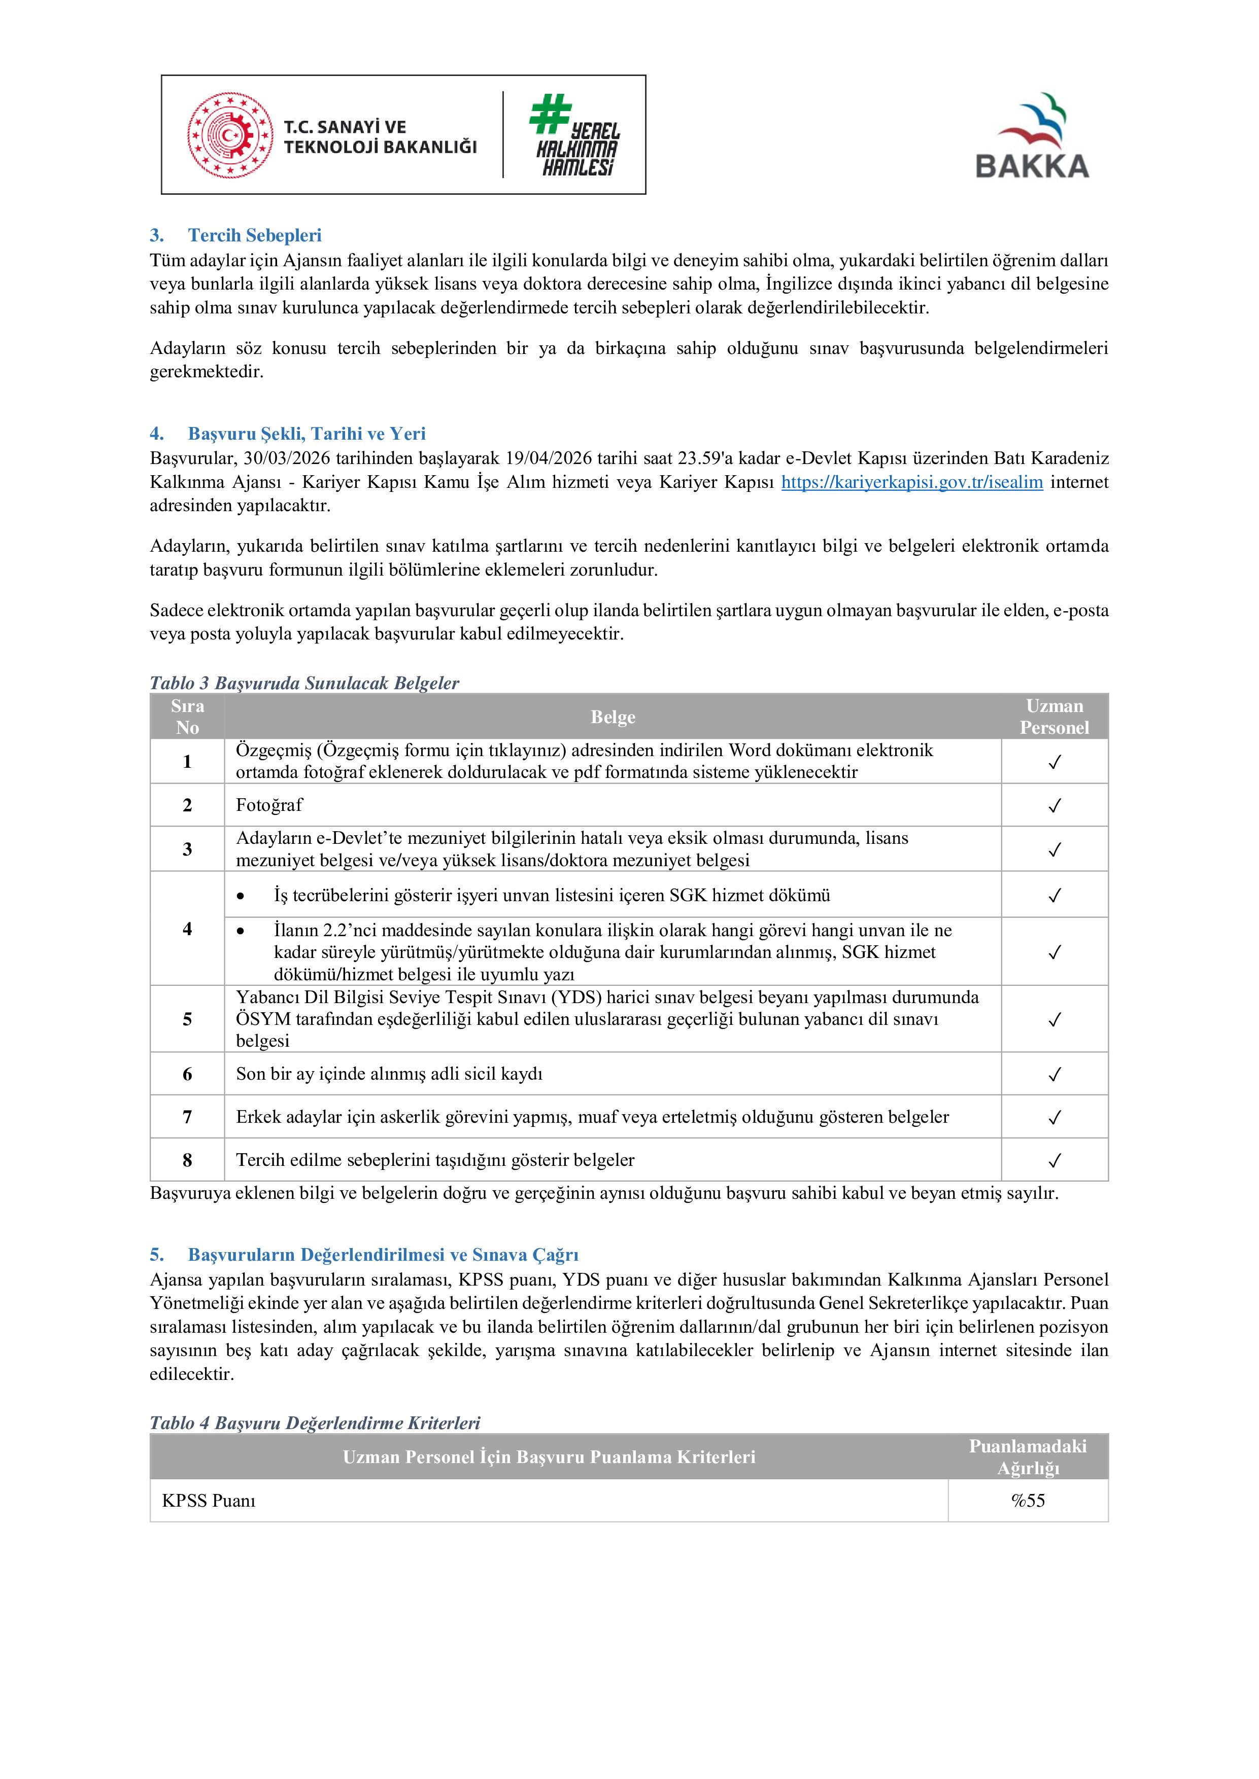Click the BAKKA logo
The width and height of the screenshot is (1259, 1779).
[1032, 136]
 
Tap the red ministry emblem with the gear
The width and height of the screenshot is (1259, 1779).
[229, 135]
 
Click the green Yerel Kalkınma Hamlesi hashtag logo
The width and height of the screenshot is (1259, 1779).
[575, 135]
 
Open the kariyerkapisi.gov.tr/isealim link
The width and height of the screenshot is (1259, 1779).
[912, 482]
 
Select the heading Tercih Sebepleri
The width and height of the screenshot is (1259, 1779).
[254, 235]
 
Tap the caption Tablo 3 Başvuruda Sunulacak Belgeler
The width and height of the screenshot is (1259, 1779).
[304, 683]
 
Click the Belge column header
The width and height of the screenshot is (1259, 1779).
[613, 717]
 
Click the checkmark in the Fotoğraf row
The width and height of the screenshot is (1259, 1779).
[1054, 806]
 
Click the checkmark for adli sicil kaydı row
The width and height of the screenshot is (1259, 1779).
[1054, 1075]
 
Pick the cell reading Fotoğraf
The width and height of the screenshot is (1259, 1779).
[269, 805]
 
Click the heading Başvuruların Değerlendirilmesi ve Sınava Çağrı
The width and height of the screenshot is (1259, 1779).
[383, 1255]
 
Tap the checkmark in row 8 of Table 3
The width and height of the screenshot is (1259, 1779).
[1054, 1161]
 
